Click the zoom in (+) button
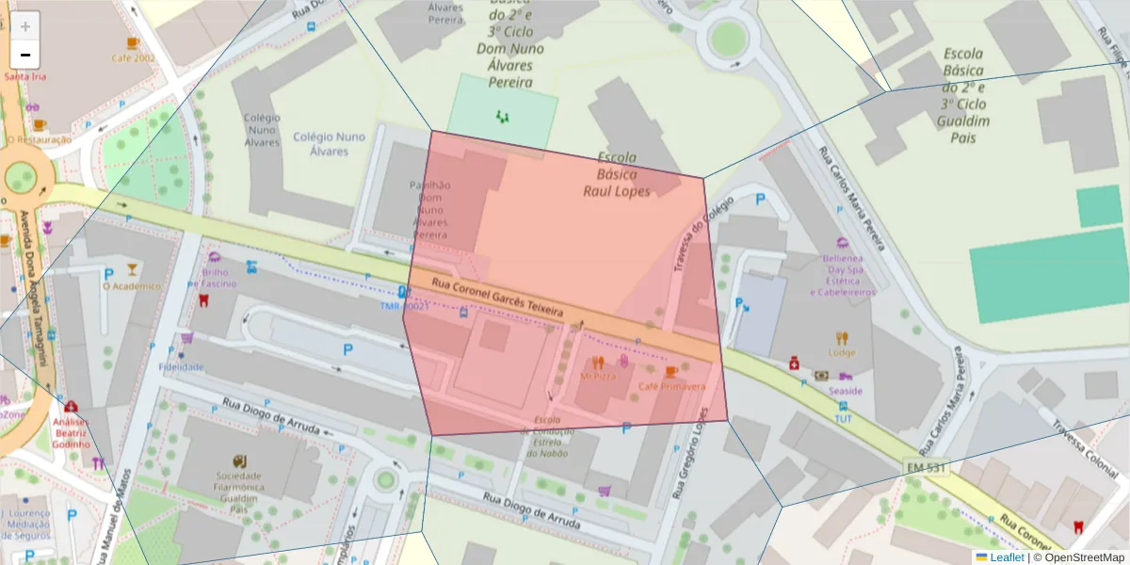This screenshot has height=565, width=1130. point(25,26)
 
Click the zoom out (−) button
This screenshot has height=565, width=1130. point(25,54)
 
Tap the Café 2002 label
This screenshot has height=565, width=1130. point(133,58)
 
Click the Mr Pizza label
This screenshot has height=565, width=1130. point(598,375)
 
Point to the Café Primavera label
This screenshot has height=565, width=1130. point(671,386)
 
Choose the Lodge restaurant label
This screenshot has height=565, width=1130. point(842,353)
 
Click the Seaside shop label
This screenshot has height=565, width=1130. point(846,390)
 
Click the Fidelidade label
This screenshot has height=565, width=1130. point(182,366)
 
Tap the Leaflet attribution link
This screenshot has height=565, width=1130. point(1007,557)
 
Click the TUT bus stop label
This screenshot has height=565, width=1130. point(843,418)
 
